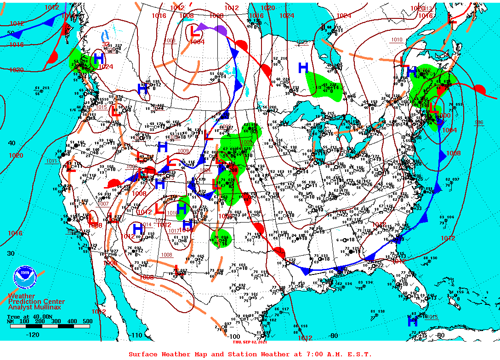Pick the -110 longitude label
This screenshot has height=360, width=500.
click(x=137, y=335)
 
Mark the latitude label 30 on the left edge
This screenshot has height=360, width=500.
click(x=11, y=253)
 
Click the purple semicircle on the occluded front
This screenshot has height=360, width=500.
click(x=220, y=30)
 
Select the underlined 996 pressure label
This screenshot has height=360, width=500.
click(x=479, y=122)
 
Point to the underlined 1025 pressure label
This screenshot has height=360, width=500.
click(x=301, y=42)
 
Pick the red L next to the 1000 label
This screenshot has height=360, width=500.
click(x=433, y=109)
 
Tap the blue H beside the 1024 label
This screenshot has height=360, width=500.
click(x=98, y=58)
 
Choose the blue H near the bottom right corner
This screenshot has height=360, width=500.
click(x=413, y=322)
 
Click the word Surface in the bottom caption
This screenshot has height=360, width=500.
click(x=143, y=354)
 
